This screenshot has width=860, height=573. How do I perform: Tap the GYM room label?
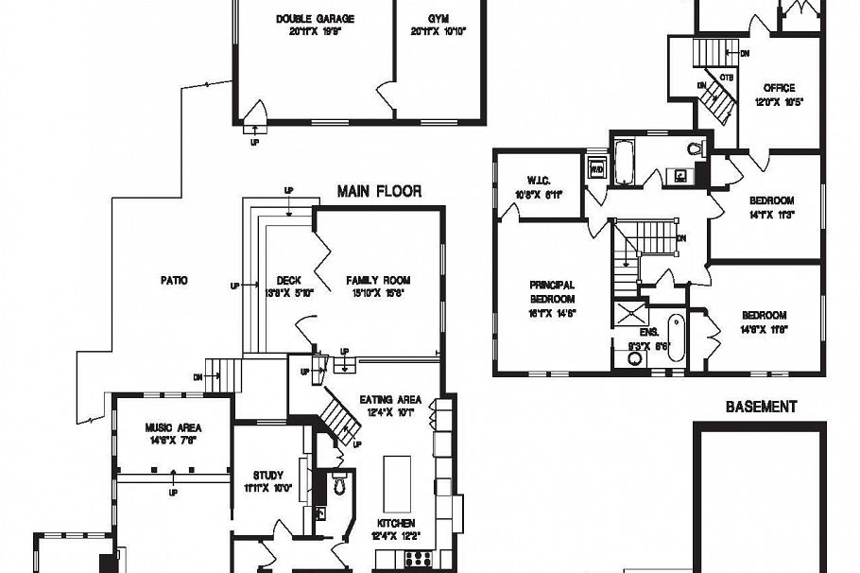pyautogui.click(x=437, y=19)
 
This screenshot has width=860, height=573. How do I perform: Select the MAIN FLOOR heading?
pyautogui.click(x=379, y=192)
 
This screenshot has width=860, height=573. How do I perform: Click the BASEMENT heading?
pyautogui.click(x=761, y=408)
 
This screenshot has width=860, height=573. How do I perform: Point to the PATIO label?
pyautogui.click(x=173, y=281)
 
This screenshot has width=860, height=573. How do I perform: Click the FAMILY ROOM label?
pyautogui.click(x=378, y=281)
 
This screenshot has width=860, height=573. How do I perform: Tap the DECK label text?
pyautogui.click(x=288, y=281)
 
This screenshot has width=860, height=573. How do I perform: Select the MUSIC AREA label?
pyautogui.click(x=173, y=427)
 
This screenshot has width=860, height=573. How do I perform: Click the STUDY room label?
pyautogui.click(x=268, y=476)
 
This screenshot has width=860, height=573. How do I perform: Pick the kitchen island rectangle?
pyautogui.click(x=396, y=482)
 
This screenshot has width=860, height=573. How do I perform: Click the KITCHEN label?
pyautogui.click(x=397, y=523)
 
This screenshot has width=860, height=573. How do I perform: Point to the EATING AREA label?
pyautogui.click(x=390, y=399)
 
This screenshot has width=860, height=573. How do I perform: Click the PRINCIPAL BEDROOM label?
pyautogui.click(x=552, y=290)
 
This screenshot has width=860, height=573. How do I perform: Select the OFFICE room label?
pyautogui.click(x=779, y=88)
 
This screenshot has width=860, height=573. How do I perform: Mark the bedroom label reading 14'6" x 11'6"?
pyautogui.click(x=764, y=316)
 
